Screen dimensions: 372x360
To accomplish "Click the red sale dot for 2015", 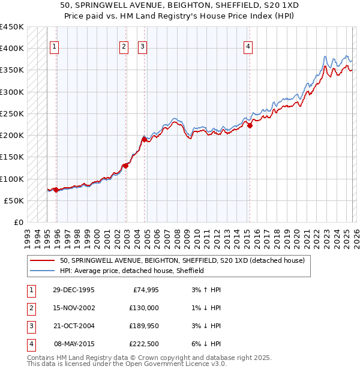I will click(250, 125).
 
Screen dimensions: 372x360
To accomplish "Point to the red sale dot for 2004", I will click(145, 139).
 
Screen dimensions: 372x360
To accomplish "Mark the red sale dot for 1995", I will click(56, 190).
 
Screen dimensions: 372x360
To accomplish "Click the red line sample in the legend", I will click(42, 261).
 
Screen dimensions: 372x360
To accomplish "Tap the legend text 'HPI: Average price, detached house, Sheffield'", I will click(132, 271).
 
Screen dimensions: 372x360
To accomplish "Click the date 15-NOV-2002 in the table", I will click(73, 308).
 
